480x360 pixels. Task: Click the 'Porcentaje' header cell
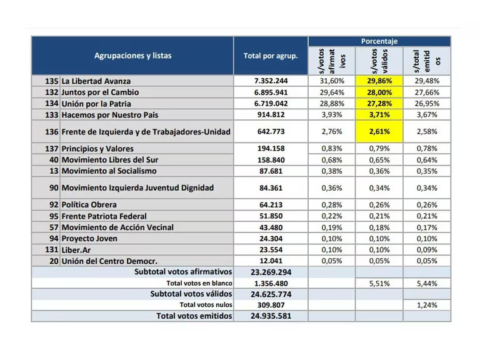379,41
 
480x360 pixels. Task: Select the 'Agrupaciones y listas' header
132,56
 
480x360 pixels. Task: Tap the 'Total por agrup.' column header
271,56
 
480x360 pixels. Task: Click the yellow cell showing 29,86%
379,81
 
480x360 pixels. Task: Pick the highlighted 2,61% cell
379,132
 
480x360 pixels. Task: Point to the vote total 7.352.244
271,81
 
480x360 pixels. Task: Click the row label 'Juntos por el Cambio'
100,92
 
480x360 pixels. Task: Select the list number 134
51,104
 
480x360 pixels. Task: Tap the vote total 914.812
271,115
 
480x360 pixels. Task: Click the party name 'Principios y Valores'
97,149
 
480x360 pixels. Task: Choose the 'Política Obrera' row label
89,205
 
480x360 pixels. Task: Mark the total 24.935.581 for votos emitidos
271,316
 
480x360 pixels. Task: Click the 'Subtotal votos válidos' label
191,294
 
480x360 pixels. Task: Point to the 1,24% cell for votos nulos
427,305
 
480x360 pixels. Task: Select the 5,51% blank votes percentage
379,284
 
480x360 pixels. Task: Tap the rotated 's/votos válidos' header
379,61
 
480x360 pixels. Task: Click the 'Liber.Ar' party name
76,250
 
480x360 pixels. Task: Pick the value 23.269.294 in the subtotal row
271,272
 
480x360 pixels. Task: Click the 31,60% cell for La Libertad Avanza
332,81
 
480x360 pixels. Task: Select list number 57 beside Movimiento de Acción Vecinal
54,227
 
